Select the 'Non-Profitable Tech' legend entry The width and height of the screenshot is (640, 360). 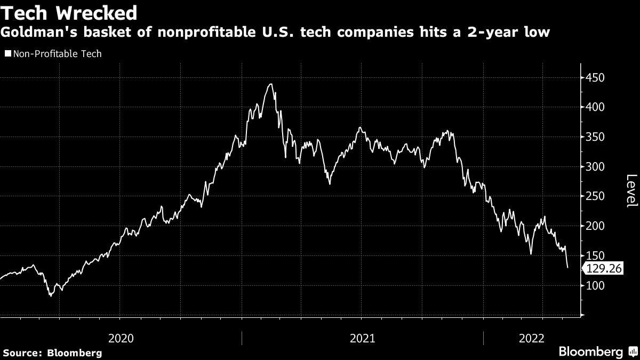point(53,53)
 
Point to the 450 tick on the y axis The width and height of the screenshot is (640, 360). point(595,78)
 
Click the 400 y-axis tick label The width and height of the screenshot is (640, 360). point(595,107)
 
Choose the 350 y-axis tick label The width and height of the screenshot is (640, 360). point(595,137)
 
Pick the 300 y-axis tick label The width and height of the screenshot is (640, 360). point(595,167)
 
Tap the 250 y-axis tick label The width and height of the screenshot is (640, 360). point(595,196)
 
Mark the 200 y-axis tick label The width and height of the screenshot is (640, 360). point(595,226)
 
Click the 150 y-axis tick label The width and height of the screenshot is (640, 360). point(595,256)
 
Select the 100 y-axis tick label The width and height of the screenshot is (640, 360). point(595,286)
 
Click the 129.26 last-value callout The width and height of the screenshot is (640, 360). point(604,269)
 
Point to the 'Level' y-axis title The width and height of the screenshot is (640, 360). point(631,191)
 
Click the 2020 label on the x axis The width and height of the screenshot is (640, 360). point(121,338)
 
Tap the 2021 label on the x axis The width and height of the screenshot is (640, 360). point(362,338)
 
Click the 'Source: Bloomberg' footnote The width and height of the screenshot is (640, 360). point(52,353)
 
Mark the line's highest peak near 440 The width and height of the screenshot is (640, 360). point(271,84)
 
